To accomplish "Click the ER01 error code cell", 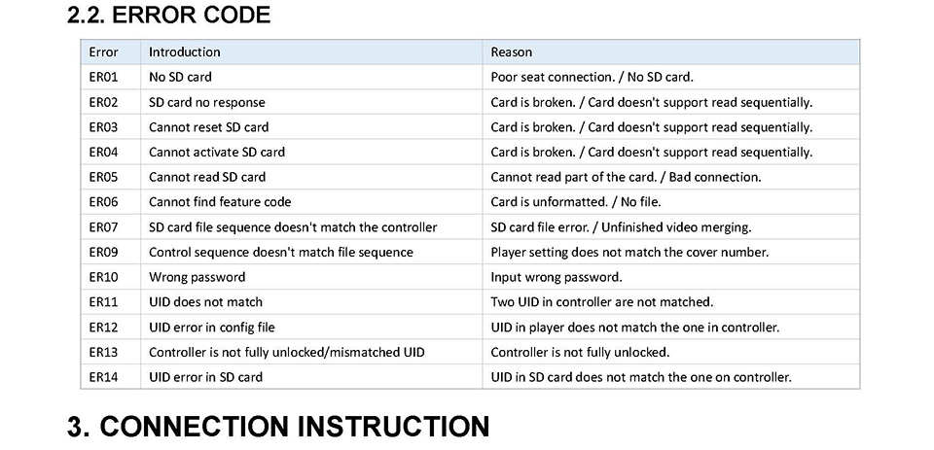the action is coord(104,77).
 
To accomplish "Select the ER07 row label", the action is coord(104,226).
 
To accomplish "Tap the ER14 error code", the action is coord(104,377).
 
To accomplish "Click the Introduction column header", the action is coord(184,52).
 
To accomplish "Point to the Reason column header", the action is coord(511,52).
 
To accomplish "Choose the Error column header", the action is coord(104,52).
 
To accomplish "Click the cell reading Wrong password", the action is coord(197,277).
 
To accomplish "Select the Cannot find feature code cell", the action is coord(220,202).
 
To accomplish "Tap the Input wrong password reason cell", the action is coord(557,277).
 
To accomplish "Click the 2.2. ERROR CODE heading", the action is coord(168,15).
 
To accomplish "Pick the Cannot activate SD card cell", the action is coord(217,152).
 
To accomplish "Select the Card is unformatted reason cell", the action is coord(575,202).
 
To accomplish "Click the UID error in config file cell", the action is coord(211,327).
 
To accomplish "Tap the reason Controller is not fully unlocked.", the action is coord(580,352).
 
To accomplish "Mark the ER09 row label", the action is coord(104,252).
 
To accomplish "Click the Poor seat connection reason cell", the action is coord(593,77).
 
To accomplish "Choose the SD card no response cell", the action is coord(206,102).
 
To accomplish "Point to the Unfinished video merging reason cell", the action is coord(622,226).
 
